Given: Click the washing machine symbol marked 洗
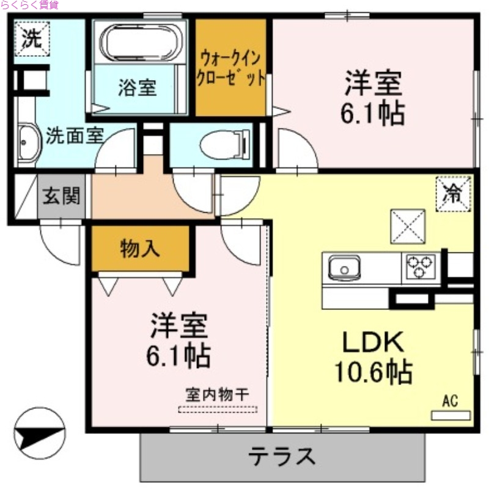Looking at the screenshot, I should tap(29, 39).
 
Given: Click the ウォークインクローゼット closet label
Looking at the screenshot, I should tap(230, 68).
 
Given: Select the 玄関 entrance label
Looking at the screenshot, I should tap(61, 197).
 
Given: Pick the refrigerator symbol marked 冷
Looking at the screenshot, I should tap(453, 194).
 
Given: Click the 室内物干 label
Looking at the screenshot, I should tap(218, 395).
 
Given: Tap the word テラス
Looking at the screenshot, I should tap(282, 456).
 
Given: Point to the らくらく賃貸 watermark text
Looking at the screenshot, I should tap(29, 6).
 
